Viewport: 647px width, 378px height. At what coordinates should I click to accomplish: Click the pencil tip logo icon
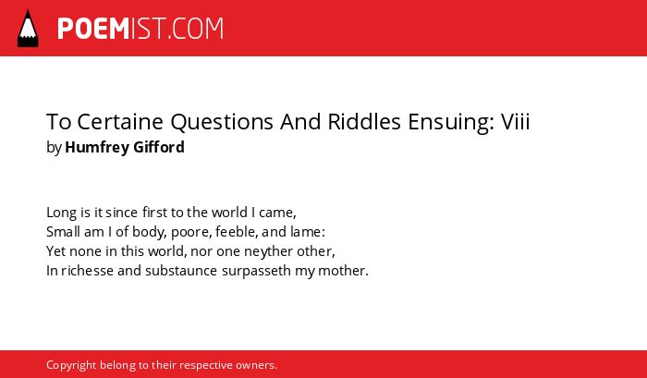point(28,29)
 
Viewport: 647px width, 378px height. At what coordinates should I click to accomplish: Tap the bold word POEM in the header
point(93,29)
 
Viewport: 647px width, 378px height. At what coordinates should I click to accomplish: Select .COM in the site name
point(195,29)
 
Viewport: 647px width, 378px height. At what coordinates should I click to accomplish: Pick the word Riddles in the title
point(364,121)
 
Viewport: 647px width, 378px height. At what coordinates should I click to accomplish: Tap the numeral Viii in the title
point(516,121)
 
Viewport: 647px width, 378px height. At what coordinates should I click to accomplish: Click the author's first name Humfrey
point(97,147)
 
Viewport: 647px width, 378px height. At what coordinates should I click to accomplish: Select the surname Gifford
point(159,147)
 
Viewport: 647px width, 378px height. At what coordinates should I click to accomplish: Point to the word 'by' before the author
point(54,148)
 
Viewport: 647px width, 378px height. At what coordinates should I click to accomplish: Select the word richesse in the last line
point(88,271)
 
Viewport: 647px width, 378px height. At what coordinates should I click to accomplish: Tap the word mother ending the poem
point(342,271)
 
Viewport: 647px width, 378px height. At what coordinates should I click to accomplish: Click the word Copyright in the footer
point(71,366)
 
